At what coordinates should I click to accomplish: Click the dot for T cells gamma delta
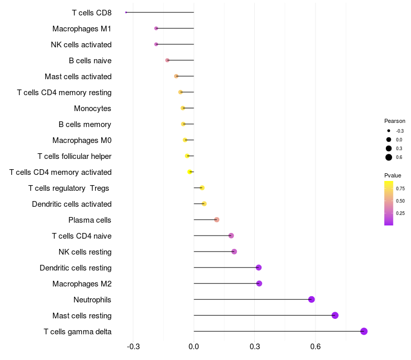(x=364, y=331)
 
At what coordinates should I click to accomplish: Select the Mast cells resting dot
(x=335, y=315)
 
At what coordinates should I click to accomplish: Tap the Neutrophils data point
(x=311, y=299)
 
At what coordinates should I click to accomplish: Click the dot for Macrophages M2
(x=259, y=283)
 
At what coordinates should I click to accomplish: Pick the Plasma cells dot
(x=216, y=220)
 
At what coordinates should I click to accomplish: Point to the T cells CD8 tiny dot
(x=126, y=12)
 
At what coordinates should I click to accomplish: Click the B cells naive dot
(x=167, y=60)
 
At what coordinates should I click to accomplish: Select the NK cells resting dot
(x=234, y=251)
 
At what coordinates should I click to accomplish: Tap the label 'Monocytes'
(x=92, y=109)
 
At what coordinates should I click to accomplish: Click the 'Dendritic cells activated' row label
(x=71, y=204)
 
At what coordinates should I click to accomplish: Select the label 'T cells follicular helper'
(x=74, y=156)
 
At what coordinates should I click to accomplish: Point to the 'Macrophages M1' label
(x=82, y=29)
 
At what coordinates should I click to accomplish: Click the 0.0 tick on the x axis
(x=194, y=347)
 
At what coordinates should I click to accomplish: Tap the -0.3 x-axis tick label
(x=133, y=347)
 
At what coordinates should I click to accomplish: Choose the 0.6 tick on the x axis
(x=315, y=347)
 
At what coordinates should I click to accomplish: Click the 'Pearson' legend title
(x=395, y=121)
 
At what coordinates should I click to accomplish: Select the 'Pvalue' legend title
(x=393, y=175)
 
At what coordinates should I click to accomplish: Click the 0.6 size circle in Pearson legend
(x=389, y=157)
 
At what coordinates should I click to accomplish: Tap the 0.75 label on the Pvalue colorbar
(x=400, y=188)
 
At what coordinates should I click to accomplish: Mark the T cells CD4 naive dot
(x=231, y=236)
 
